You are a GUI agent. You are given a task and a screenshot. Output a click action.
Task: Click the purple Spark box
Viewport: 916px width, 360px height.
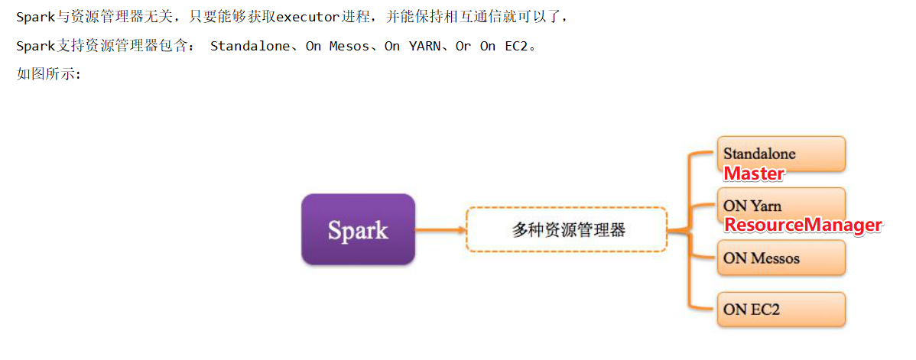358,229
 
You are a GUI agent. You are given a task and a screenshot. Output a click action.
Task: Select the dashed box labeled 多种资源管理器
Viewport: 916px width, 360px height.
567,229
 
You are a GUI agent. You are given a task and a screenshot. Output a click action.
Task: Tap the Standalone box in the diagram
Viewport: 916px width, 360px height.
781,153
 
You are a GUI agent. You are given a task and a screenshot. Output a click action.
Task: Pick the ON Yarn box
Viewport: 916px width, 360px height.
781,205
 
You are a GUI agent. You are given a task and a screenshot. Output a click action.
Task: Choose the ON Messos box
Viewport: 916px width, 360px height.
781,258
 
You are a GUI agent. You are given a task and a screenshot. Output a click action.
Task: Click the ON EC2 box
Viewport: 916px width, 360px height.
781,310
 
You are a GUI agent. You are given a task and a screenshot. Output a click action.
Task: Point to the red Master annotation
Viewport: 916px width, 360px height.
754,174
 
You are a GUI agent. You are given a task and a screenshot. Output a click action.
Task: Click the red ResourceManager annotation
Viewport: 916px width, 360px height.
803,225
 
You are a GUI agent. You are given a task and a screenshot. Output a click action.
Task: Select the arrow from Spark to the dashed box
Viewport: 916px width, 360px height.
440,229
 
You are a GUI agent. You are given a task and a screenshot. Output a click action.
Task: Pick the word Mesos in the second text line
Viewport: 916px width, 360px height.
349,47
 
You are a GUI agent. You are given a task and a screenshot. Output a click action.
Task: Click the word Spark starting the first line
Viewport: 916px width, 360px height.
35,17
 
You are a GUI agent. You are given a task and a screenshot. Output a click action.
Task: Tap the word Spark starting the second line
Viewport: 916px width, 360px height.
35,47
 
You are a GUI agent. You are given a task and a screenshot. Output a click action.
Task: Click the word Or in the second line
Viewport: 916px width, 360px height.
463,47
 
